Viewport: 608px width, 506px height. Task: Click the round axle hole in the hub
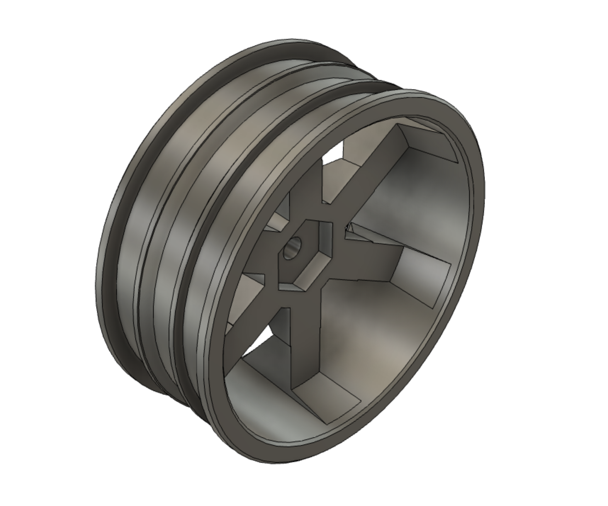pos(293,247)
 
